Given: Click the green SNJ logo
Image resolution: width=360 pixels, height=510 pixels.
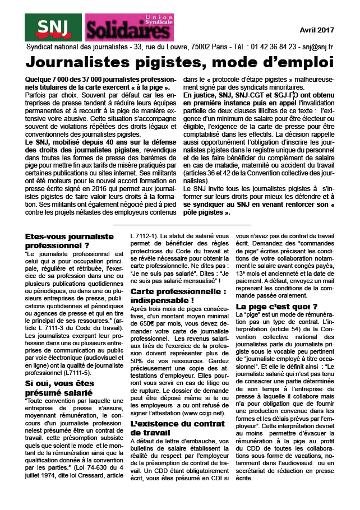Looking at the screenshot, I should pyautogui.click(x=54, y=27).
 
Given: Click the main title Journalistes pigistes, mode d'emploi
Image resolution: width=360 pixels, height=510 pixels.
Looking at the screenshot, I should pyautogui.click(x=179, y=61).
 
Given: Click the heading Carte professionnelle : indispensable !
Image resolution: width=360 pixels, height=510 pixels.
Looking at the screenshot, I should pyautogui.click(x=178, y=296).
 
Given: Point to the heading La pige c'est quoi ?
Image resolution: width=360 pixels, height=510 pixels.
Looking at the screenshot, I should pyautogui.click(x=276, y=306).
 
